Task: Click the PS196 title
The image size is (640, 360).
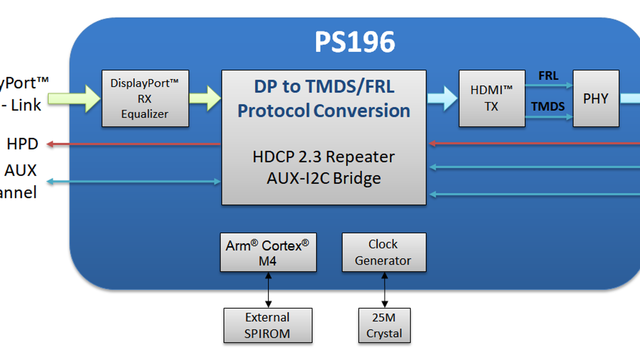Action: pyautogui.click(x=355, y=42)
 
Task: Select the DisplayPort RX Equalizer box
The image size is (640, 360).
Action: pyautogui.click(x=145, y=98)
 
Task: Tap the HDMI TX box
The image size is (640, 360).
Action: pyautogui.click(x=492, y=98)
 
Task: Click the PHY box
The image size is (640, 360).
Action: pyautogui.click(x=596, y=98)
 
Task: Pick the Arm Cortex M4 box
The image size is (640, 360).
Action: pyautogui.click(x=268, y=252)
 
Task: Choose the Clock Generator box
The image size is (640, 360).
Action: pyautogui.click(x=384, y=252)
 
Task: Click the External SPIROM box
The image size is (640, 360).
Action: pyautogui.click(x=268, y=325)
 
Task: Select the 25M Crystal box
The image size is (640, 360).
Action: pyautogui.click(x=384, y=325)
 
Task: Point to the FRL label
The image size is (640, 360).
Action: pyautogui.click(x=548, y=76)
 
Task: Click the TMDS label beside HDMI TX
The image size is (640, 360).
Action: pyautogui.click(x=548, y=106)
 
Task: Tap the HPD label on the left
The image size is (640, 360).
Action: pyautogui.click(x=22, y=144)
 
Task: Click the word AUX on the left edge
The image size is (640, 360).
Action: pyautogui.click(x=20, y=170)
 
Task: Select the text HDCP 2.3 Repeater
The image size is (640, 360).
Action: pyautogui.click(x=324, y=157)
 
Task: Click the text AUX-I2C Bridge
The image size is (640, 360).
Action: pyautogui.click(x=324, y=178)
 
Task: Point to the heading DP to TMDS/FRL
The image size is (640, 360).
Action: pyautogui.click(x=324, y=87)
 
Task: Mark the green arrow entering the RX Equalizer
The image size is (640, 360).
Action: pyautogui.click(x=74, y=98)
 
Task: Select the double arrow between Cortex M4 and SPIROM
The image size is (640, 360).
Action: pyautogui.click(x=268, y=290)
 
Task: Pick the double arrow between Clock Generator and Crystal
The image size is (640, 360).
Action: pyautogui.click(x=385, y=290)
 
